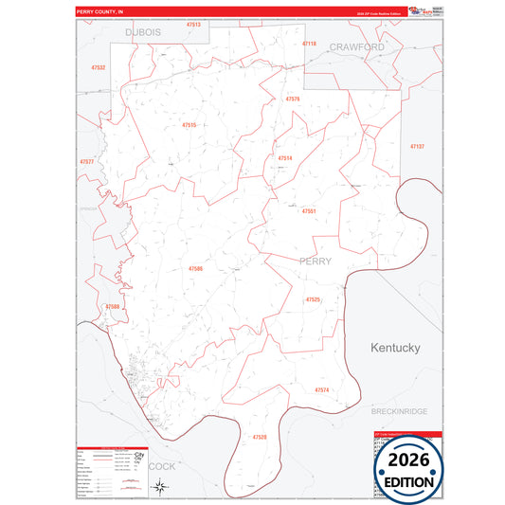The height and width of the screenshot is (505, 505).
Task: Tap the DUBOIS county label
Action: (x=143, y=32)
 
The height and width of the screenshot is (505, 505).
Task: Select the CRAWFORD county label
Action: (x=357, y=46)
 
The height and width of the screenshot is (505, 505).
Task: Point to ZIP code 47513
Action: (x=193, y=24)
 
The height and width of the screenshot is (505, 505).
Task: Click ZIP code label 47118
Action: (x=309, y=44)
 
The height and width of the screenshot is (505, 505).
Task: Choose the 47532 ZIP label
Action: (x=99, y=68)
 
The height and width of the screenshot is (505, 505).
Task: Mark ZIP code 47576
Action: (x=293, y=99)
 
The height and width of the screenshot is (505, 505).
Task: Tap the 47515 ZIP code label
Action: (x=189, y=125)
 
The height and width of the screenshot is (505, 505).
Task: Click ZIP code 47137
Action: (x=417, y=146)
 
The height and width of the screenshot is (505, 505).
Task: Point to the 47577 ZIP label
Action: (x=87, y=162)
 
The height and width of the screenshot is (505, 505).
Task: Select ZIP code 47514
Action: (x=285, y=157)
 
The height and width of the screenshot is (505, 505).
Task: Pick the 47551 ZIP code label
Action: (x=308, y=211)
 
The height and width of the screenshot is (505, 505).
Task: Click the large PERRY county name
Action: (x=316, y=261)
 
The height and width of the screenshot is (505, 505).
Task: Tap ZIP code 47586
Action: (x=195, y=269)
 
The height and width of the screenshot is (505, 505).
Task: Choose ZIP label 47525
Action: (x=313, y=299)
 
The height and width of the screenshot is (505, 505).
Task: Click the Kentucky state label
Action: (x=395, y=348)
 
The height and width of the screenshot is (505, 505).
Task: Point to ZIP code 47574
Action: (x=321, y=389)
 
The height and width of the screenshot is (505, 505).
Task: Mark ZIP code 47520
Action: (x=260, y=437)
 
